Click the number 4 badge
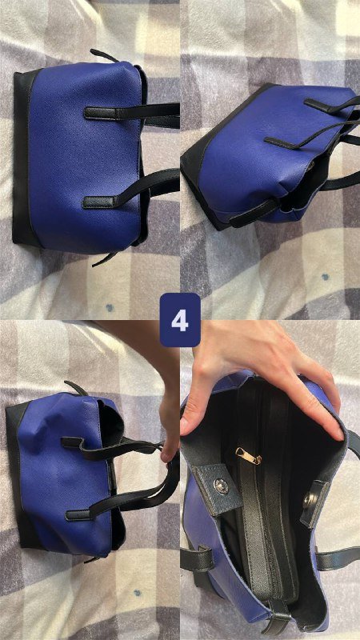click(x=179, y=319)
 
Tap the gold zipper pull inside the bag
click(x=249, y=456)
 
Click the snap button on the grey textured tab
click(x=222, y=486)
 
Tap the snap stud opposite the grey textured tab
click(x=309, y=500)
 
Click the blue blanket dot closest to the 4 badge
click(x=110, y=307)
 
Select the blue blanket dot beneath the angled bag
click(x=326, y=276)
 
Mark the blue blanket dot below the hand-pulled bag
click(x=138, y=592)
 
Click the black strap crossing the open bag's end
click(x=278, y=616)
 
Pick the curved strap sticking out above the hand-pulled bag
click(x=75, y=388)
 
